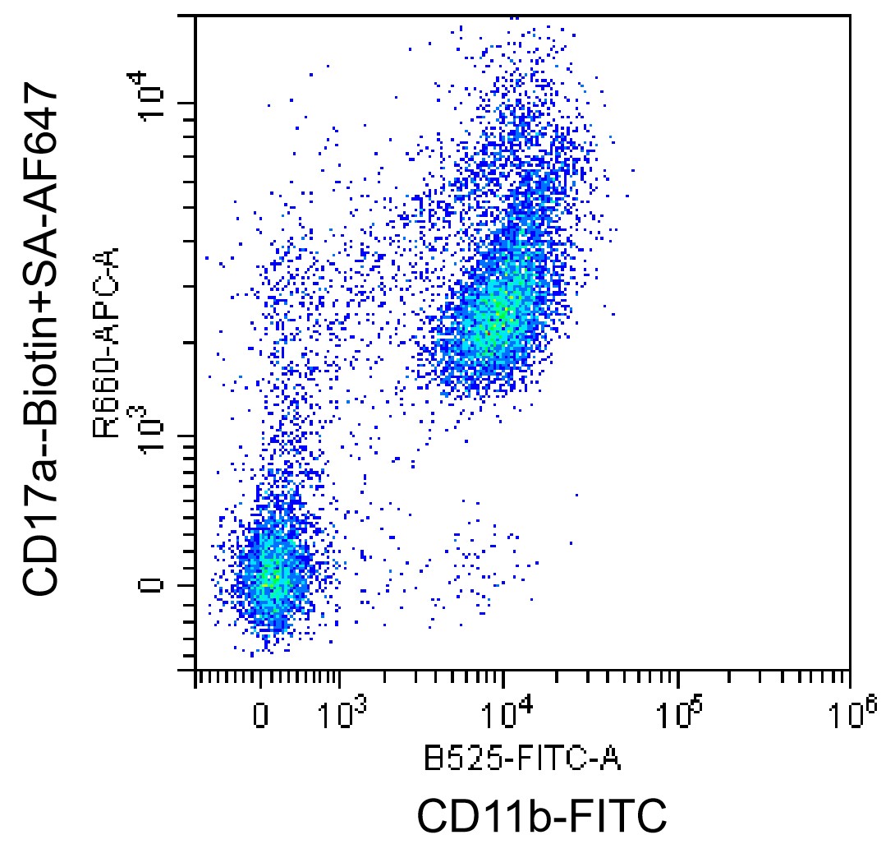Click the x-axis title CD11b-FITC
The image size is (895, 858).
tap(542, 816)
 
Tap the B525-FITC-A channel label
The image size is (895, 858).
tap(521, 759)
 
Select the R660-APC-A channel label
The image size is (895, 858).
tap(107, 343)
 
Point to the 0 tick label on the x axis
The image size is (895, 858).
tap(260, 715)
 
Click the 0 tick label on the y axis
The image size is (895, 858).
tap(151, 585)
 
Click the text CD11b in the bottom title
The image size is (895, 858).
tap(478, 816)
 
